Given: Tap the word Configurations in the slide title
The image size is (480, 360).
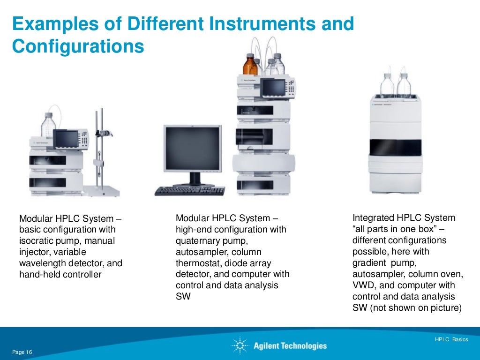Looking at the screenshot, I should [78, 46].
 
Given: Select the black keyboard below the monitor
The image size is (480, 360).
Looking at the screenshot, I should [190, 190].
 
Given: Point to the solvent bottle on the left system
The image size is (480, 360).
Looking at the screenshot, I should [48, 125].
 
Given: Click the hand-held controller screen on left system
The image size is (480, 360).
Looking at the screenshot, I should [65, 138].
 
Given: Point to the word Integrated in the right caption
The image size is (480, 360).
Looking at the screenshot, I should [373, 218].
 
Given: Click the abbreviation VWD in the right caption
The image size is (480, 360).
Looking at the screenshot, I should [362, 285].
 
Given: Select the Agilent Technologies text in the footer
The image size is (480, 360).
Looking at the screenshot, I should [290, 346].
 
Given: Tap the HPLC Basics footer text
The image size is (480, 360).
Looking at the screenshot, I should [451, 339].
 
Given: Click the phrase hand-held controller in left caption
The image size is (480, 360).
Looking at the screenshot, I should [60, 275].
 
